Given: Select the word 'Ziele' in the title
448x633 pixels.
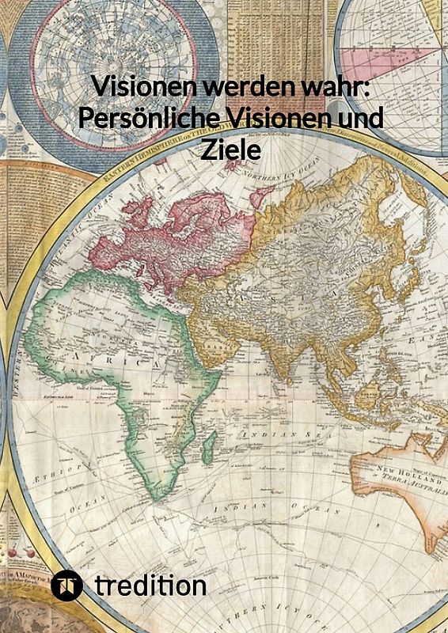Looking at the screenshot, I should click(230, 150).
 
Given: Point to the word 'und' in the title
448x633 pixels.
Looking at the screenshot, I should click(364, 118).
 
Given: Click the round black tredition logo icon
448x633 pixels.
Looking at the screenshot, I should click(67, 586).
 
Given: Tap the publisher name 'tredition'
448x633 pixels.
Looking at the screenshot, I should click(150, 586).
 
